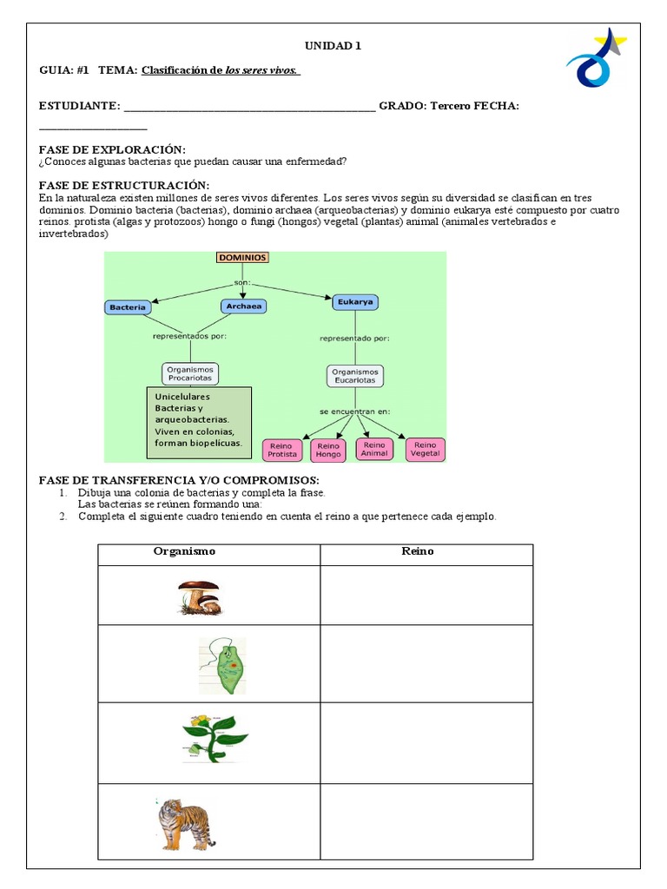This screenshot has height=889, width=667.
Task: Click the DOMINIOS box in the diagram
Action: pyautogui.click(x=242, y=258)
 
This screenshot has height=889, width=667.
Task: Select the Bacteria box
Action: pyautogui.click(x=128, y=307)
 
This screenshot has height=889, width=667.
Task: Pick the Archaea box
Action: pyautogui.click(x=243, y=306)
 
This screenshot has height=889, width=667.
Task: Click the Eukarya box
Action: pyautogui.click(x=355, y=302)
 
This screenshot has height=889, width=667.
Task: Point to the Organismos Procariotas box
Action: pyautogui.click(x=190, y=373)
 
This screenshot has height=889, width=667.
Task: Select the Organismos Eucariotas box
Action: pyautogui.click(x=355, y=376)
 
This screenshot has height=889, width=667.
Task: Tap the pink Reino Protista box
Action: pyautogui.click(x=283, y=449)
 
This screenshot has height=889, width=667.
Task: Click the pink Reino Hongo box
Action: pyautogui.click(x=329, y=449)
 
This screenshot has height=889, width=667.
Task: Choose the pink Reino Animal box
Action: pyautogui.click(x=374, y=448)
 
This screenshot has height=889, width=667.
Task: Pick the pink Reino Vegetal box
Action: pyautogui.click(x=425, y=448)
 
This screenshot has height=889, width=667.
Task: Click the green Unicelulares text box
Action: pyautogui.click(x=199, y=423)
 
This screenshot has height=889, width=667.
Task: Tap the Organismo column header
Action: pyautogui.click(x=184, y=551)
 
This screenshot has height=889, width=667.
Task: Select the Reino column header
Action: pyautogui.click(x=418, y=551)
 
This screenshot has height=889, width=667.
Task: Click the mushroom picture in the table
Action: pyautogui.click(x=199, y=597)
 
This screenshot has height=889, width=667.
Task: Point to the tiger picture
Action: pyautogui.click(x=185, y=823)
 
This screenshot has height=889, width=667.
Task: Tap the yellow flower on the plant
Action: pyautogui.click(x=200, y=720)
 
